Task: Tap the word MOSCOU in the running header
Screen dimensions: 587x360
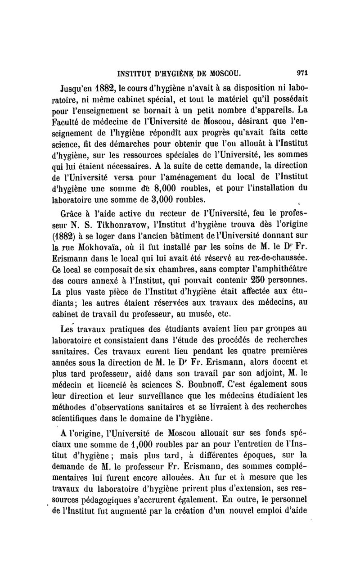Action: pyautogui.click(x=223, y=72)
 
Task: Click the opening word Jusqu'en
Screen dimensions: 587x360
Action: pyautogui.click(x=80, y=86)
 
